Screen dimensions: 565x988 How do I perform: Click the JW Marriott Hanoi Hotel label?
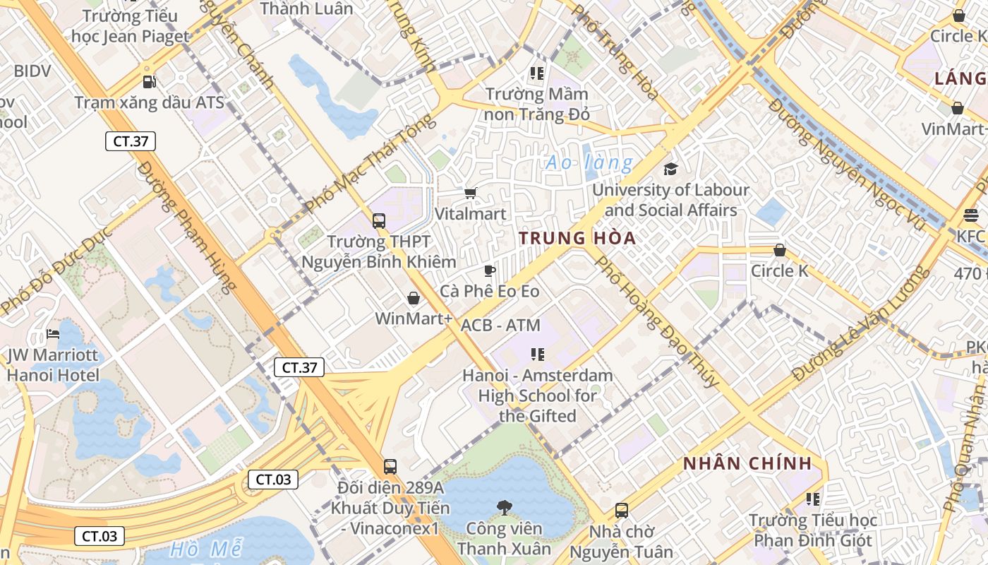53,364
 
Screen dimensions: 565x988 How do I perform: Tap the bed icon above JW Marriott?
53,333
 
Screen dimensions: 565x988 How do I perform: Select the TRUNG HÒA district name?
577,238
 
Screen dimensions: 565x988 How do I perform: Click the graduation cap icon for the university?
670,169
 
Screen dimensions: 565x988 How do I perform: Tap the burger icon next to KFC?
972,215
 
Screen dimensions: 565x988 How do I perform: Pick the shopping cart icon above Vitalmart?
471,193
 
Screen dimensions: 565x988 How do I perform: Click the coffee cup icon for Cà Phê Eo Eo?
490,270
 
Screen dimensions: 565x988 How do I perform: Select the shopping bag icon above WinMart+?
414,298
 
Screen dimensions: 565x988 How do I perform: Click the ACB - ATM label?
500,326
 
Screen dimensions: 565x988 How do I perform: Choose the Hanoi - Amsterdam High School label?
538,395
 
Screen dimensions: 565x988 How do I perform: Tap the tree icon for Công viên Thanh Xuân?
504,506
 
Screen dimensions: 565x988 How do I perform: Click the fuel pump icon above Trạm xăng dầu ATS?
149,82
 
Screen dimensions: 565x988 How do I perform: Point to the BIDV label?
32,71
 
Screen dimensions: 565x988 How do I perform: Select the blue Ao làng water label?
589,163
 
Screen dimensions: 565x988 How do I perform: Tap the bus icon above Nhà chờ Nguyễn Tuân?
622,510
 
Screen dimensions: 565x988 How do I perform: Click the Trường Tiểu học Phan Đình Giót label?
813,530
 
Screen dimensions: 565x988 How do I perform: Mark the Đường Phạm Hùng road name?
186,226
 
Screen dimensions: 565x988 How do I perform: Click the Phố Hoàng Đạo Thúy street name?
658,321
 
